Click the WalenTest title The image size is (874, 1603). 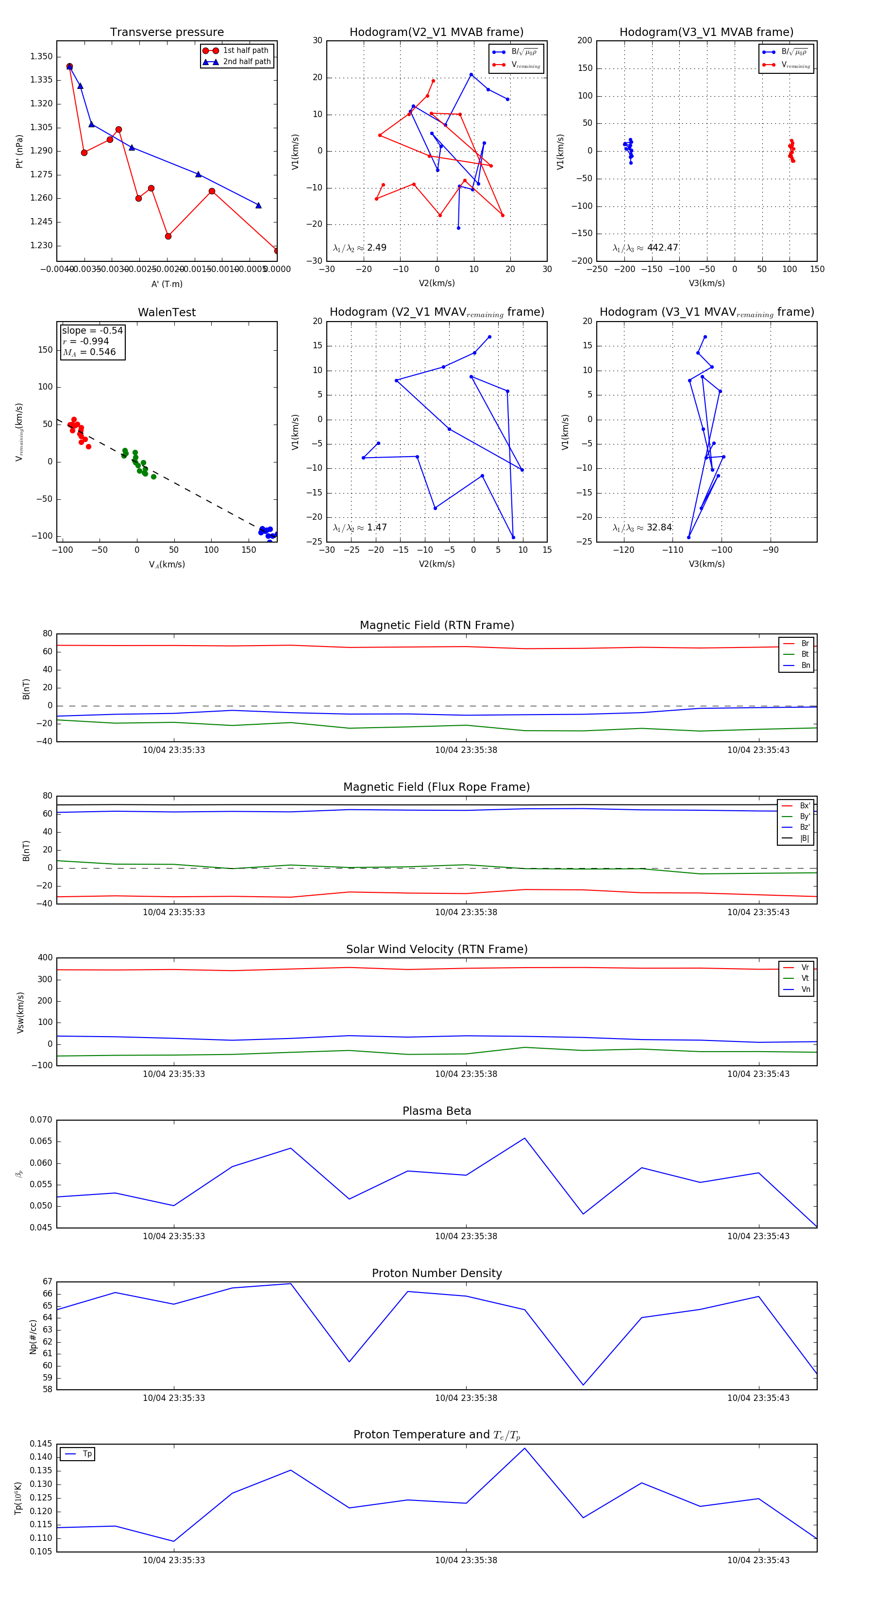pyautogui.click(x=167, y=312)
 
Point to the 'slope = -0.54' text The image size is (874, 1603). pyautogui.click(x=92, y=330)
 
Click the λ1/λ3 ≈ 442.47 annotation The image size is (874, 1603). pyautogui.click(x=645, y=248)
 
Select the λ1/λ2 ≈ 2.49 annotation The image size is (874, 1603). pyautogui.click(x=359, y=248)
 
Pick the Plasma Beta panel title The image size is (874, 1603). pyautogui.click(x=437, y=1111)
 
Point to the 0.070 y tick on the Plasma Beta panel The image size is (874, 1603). pyautogui.click(x=41, y=1120)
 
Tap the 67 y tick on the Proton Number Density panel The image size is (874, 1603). pyautogui.click(x=47, y=1281)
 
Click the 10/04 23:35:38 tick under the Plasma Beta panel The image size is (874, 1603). pyautogui.click(x=466, y=1236)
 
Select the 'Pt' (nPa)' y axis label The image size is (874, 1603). pyautogui.click(x=19, y=151)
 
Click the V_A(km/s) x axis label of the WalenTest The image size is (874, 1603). pyautogui.click(x=167, y=564)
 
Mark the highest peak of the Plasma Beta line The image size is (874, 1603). pyautogui.click(x=524, y=1138)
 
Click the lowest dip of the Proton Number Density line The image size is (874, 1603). pyautogui.click(x=583, y=1385)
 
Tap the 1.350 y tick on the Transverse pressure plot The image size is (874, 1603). pyautogui.click(x=41, y=57)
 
